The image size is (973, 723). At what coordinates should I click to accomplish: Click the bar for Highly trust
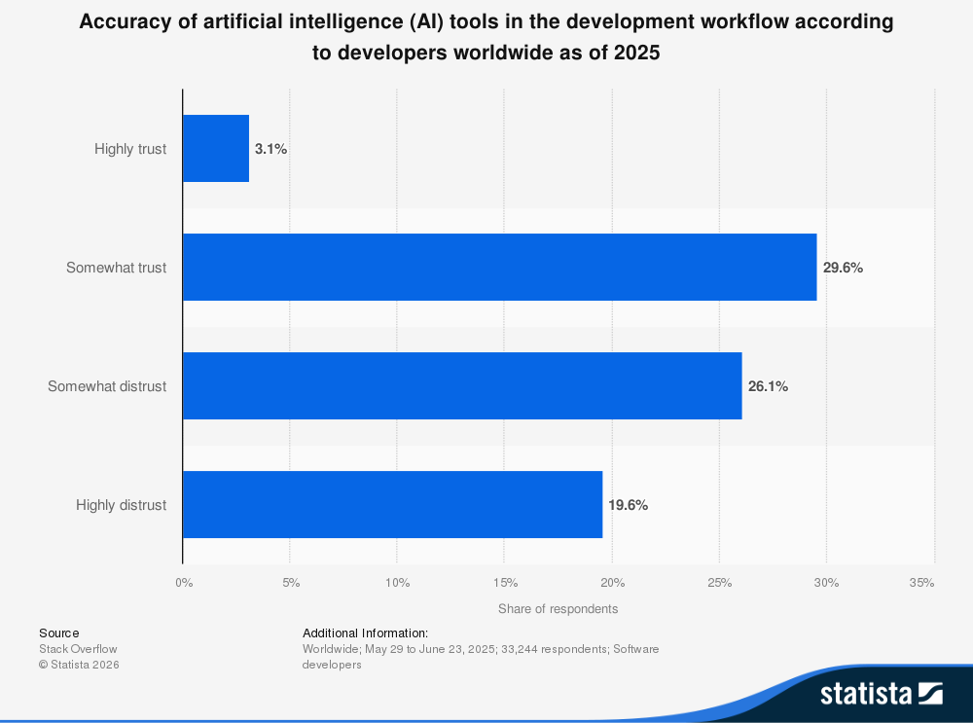tap(216, 148)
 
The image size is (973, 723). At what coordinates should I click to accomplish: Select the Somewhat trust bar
tap(499, 267)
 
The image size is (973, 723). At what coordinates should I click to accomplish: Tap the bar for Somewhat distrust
tap(462, 386)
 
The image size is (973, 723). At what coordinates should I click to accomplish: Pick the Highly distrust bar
tap(393, 505)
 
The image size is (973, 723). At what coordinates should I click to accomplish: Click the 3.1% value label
tap(270, 149)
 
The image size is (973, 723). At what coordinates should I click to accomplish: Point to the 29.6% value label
tap(843, 268)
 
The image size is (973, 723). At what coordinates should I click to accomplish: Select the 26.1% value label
tap(768, 386)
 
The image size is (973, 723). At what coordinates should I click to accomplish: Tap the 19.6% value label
tap(628, 505)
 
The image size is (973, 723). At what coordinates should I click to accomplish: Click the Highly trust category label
tap(130, 149)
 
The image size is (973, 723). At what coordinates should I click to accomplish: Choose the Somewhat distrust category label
tap(107, 386)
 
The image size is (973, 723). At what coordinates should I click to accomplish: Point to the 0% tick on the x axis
tap(184, 583)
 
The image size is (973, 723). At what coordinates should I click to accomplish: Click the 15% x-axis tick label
tap(505, 583)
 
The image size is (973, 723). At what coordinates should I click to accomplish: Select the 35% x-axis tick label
tap(921, 583)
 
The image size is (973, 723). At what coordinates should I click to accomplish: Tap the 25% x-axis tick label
tap(720, 583)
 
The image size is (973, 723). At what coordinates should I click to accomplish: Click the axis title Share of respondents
tap(558, 609)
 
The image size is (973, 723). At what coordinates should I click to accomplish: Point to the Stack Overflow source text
tap(78, 648)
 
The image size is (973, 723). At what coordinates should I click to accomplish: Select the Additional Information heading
tap(366, 633)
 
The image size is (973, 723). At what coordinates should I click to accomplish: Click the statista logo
tap(882, 693)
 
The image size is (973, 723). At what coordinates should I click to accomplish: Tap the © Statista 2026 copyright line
tap(79, 665)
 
